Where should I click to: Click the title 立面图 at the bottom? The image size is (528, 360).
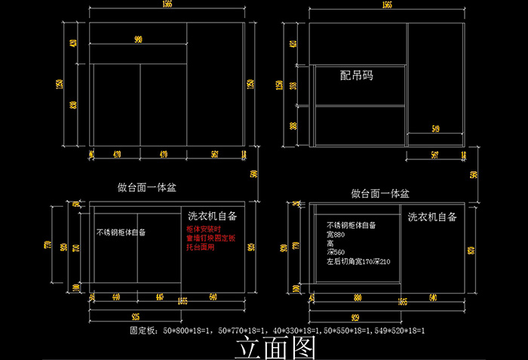pos(275,348)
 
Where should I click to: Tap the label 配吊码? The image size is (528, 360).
pos(357,75)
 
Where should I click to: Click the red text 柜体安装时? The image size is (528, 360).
pos(204,229)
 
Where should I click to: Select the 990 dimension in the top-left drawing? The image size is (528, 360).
pos(138,40)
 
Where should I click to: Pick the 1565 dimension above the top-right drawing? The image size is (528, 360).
pos(386,5)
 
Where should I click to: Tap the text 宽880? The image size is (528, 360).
pos(336,234)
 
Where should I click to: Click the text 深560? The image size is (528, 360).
pos(336,252)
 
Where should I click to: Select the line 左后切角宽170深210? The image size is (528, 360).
pos(358,261)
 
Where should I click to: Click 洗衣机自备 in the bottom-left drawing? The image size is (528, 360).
pos(212,216)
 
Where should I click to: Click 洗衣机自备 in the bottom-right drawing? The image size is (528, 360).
pos(433,217)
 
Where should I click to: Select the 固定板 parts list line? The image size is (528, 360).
pos(278,331)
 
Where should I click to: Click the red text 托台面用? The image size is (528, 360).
pos(201,248)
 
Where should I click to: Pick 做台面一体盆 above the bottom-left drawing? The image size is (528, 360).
pos(147,186)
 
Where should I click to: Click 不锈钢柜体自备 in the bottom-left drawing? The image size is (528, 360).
pos(121,232)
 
